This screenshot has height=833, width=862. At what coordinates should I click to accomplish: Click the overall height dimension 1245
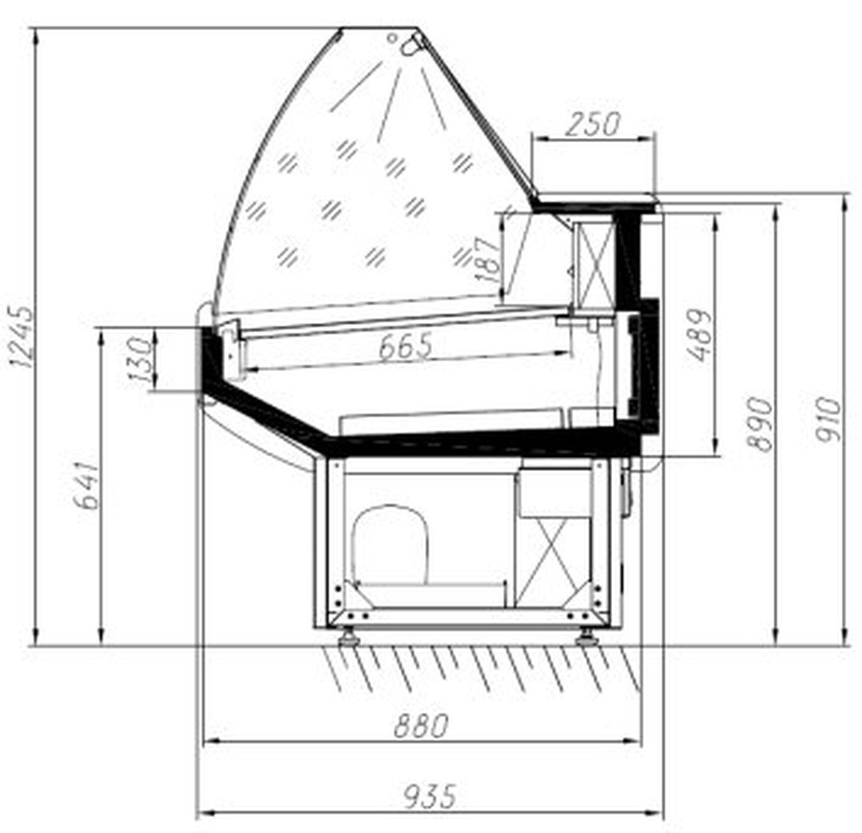point(22,336)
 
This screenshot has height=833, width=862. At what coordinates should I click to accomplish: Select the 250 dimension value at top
point(593,125)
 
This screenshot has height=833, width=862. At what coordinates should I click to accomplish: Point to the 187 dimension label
point(488,259)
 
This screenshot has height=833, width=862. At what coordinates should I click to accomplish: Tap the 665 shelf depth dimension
point(406,346)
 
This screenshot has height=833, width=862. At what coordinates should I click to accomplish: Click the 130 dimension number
point(140,359)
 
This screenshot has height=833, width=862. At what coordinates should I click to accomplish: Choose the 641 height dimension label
point(87,486)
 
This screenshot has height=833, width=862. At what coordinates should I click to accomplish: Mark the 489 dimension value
point(699,335)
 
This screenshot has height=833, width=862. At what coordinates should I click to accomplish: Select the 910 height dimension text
point(828,419)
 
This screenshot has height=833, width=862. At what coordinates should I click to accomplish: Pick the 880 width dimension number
point(421,726)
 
